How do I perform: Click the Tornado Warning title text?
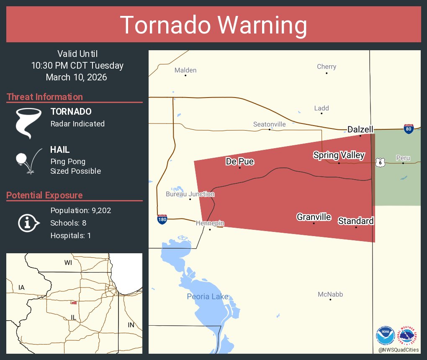pos(213,25)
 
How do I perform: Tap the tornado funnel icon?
pos(28,123)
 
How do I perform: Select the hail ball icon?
pos(22,159)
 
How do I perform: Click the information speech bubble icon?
pos(28,223)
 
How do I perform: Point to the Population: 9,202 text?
pos(80,211)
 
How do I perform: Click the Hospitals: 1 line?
pos(70,236)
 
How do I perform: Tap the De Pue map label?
pos(239,161)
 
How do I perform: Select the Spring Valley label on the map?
pos(339,155)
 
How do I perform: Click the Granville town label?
pos(314,217)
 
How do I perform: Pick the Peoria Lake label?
pos(208,297)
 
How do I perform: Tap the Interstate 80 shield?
pos(409,129)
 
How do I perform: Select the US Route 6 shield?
pos(380,162)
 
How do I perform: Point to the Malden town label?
pos(185,70)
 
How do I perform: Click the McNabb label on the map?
pos(330,294)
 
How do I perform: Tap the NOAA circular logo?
pos(385,336)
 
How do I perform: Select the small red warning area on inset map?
pos(74,302)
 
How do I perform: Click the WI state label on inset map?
pos(68,262)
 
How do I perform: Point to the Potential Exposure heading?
pos(44,195)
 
